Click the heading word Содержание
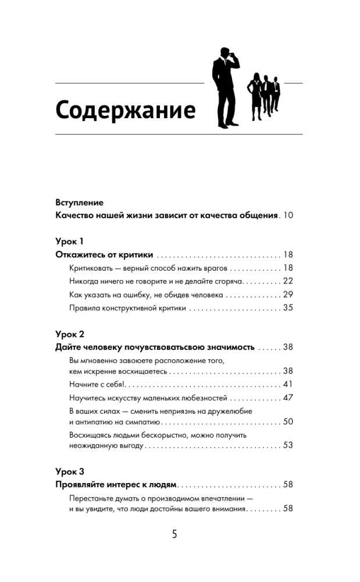pyautogui.click(x=126, y=109)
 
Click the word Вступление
pyautogui.click(x=79, y=203)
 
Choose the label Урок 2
pyautogui.click(x=70, y=334)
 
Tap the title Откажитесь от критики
pyautogui.click(x=104, y=255)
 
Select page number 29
pyautogui.click(x=287, y=294)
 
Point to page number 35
pyautogui.click(x=287, y=308)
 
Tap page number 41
pyautogui.click(x=287, y=384)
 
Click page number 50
pyautogui.click(x=287, y=421)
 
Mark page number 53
pyautogui.click(x=287, y=445)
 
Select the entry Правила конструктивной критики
pyautogui.click(x=127, y=308)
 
